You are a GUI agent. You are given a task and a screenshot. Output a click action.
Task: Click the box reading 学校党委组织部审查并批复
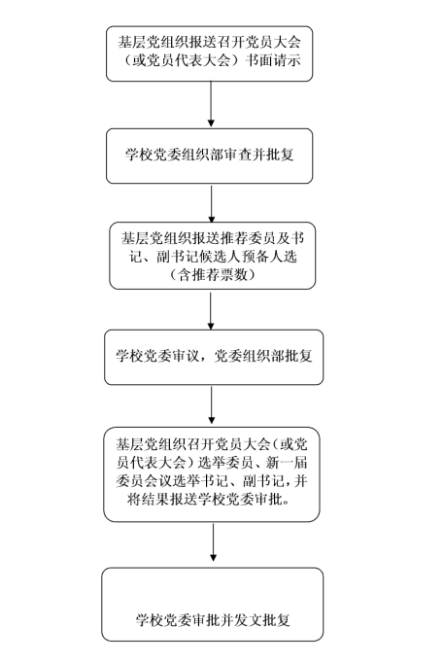tap(209, 156)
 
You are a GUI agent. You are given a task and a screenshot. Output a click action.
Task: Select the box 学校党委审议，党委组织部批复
tap(214, 358)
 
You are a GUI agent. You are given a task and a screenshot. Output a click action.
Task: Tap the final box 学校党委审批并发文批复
tap(213, 605)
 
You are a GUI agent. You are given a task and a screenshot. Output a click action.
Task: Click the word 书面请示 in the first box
tap(273, 60)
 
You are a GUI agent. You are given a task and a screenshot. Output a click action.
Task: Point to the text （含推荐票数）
tap(212, 275)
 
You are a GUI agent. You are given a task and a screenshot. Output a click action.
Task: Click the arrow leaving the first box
tap(211, 104)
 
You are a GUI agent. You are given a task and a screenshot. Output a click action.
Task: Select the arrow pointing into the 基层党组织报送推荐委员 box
tap(211, 203)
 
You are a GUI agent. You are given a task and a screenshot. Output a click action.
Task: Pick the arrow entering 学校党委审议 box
tap(211, 310)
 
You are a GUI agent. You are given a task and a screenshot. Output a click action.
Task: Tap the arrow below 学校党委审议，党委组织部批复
tap(212, 404)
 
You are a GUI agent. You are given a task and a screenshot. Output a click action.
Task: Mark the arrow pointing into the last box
tap(213, 542)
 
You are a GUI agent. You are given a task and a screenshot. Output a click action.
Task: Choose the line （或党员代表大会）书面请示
tap(209, 60)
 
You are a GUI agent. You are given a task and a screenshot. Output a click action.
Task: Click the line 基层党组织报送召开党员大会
tap(209, 42)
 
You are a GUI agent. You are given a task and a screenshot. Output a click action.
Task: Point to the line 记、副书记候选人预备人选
tap(213, 257)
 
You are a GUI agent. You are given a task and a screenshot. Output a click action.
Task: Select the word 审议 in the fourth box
tap(185, 356)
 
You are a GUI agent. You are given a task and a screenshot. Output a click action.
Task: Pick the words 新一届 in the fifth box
tap(287, 463)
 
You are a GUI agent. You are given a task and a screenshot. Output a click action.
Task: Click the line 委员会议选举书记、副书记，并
tap(211, 481)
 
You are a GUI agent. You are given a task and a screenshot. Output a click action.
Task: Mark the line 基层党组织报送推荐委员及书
tap(213, 239)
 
